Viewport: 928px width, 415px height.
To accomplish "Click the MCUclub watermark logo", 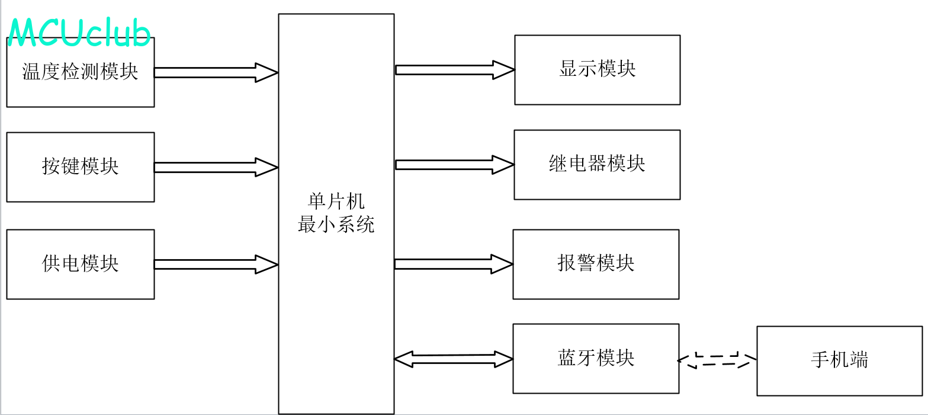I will pyautogui.click(x=79, y=33).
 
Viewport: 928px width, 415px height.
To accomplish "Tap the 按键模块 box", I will pyautogui.click(x=80, y=167).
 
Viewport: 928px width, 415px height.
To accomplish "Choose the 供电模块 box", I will pyautogui.click(x=80, y=264).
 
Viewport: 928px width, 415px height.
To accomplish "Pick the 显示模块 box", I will pyautogui.click(x=597, y=69).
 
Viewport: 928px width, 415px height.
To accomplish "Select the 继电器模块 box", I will pyautogui.click(x=596, y=164).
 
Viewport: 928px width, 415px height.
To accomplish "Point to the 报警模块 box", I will pyautogui.click(x=595, y=264).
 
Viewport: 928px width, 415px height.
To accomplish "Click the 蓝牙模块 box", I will pyautogui.click(x=595, y=358).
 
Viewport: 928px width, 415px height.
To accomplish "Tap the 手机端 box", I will pyautogui.click(x=839, y=360).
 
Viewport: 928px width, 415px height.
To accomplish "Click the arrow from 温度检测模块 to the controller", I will pyautogui.click(x=216, y=72).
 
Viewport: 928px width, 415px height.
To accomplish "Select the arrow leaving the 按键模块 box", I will pyautogui.click(x=216, y=167).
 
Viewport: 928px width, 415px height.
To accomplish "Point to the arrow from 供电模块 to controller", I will pyautogui.click(x=216, y=264).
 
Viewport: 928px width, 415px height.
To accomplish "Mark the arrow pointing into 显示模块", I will pyautogui.click(x=454, y=70).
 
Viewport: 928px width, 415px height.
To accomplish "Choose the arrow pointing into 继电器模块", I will pyautogui.click(x=454, y=165).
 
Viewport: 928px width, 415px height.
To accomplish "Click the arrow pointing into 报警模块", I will pyautogui.click(x=453, y=264).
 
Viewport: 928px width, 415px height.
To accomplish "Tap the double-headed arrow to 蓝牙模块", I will pyautogui.click(x=453, y=359).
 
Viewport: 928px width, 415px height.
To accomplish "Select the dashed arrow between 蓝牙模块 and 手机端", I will pyautogui.click(x=717, y=360).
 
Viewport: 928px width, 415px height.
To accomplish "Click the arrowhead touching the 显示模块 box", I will pyautogui.click(x=504, y=70).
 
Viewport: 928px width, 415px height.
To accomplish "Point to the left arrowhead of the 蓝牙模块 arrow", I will pyautogui.click(x=403, y=359).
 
